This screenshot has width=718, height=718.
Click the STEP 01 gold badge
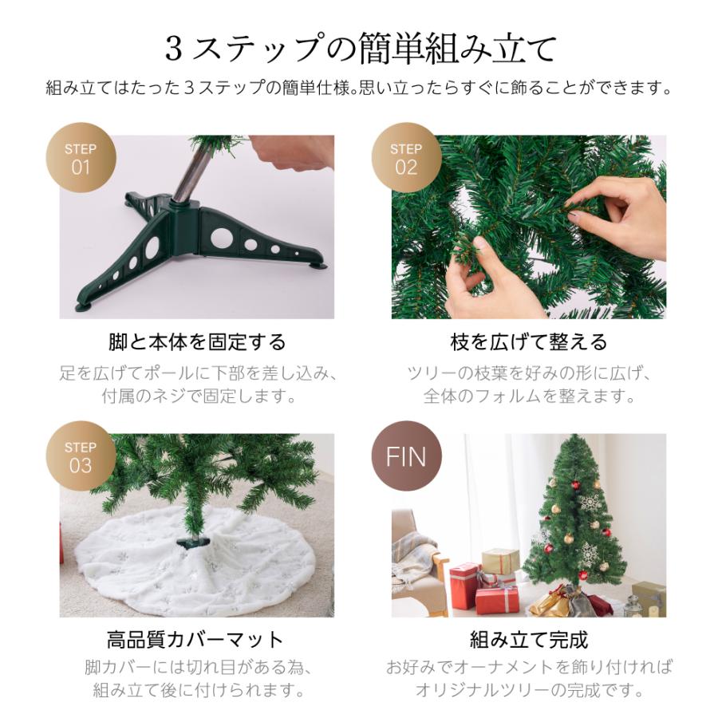[81, 157]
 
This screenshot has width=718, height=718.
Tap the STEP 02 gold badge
[406, 157]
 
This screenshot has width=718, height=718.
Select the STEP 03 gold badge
[81, 456]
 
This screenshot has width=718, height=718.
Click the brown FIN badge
[406, 456]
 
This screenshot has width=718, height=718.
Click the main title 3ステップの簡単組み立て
[359, 49]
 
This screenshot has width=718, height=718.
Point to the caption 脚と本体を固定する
[197, 342]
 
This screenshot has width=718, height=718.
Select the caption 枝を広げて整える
[529, 342]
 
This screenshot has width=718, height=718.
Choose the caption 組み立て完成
[529, 639]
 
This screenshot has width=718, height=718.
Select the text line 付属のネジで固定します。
[197, 396]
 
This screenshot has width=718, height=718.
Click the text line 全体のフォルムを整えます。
[529, 396]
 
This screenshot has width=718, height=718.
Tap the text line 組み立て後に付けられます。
[197, 691]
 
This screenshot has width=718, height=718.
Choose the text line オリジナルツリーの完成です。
[529, 691]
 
